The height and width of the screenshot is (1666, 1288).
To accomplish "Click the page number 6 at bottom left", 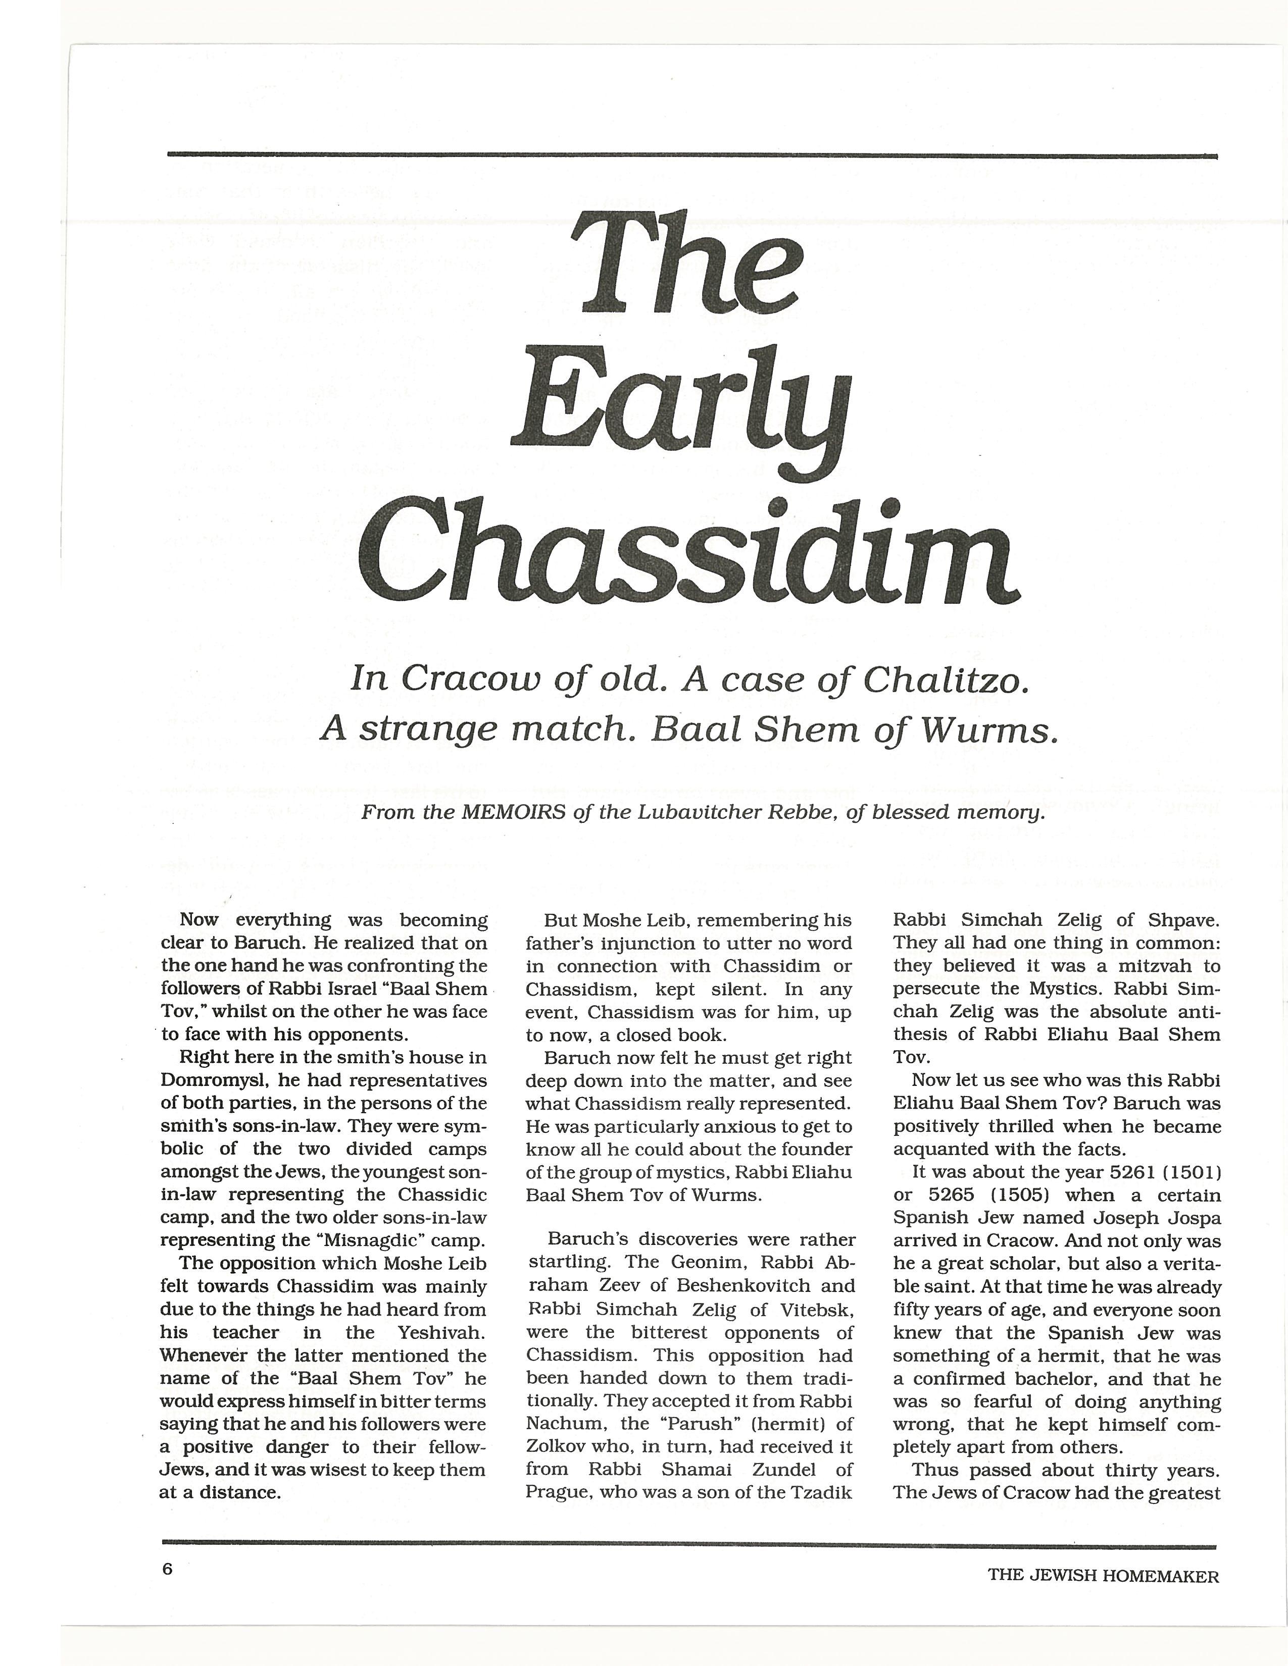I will pyautogui.click(x=168, y=1569).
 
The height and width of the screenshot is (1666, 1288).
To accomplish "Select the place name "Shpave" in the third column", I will pyautogui.click(x=1186, y=920).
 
